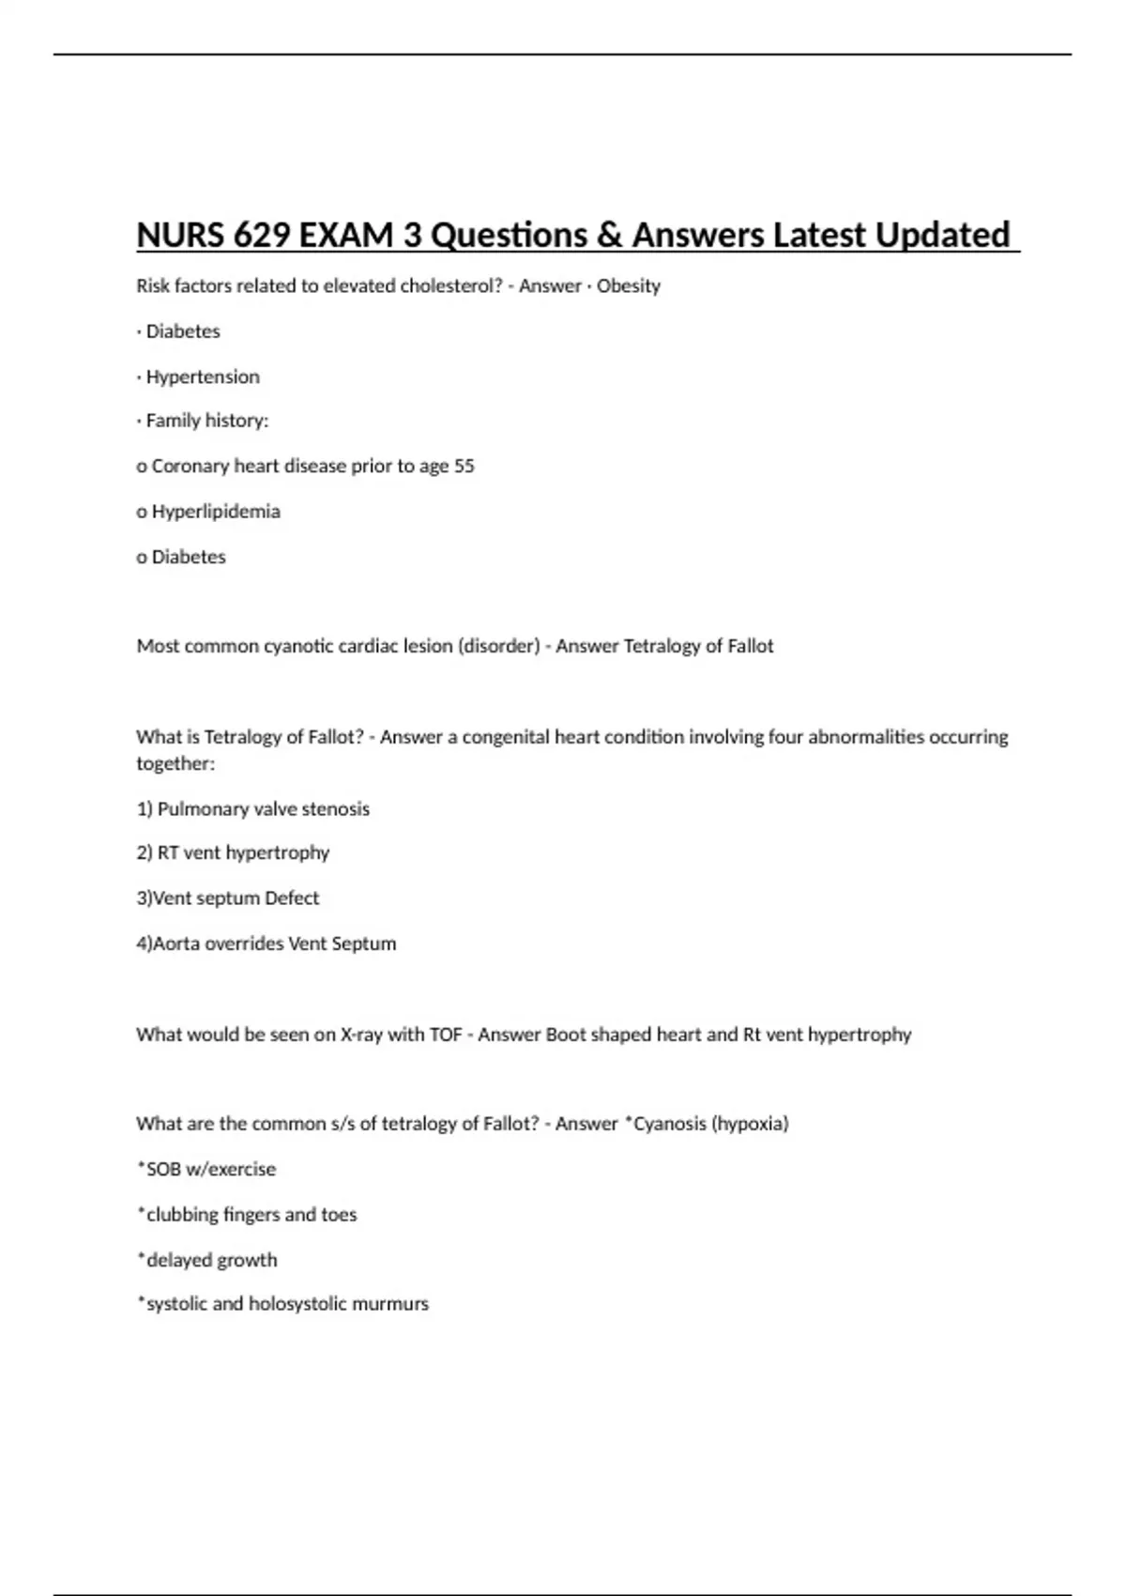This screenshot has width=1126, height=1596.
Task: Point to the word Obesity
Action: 629,285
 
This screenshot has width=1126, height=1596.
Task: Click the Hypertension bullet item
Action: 203,376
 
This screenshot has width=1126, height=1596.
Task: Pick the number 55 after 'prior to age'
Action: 464,466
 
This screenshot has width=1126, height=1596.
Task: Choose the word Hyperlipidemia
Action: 216,512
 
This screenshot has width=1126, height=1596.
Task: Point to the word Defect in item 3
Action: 292,898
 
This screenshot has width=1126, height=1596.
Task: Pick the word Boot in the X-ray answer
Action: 566,1035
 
